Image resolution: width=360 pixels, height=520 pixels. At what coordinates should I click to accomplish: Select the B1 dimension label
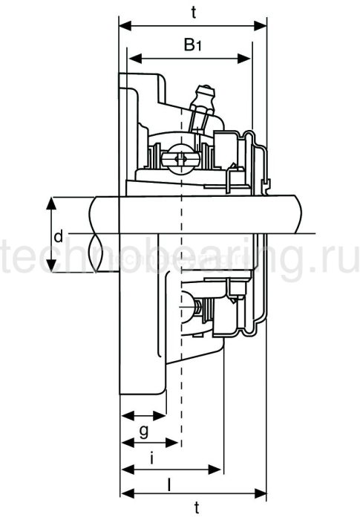pos(192,45)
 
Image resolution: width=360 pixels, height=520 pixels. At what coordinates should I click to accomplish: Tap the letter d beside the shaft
pos(58,238)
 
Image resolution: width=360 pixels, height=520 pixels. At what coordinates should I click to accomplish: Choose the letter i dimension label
pos(152,458)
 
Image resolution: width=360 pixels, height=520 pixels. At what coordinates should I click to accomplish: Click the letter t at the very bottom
pos(196,508)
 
